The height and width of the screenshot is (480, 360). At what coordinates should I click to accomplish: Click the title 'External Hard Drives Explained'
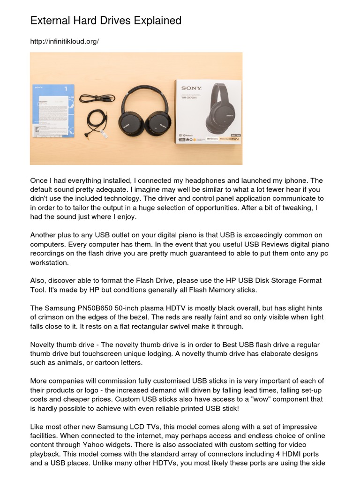(105, 21)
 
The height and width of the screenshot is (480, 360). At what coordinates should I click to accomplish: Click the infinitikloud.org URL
(64, 42)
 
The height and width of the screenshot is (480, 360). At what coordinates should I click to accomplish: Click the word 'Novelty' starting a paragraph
(43, 345)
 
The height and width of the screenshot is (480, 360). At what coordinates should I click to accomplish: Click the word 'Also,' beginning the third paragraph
(39, 280)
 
